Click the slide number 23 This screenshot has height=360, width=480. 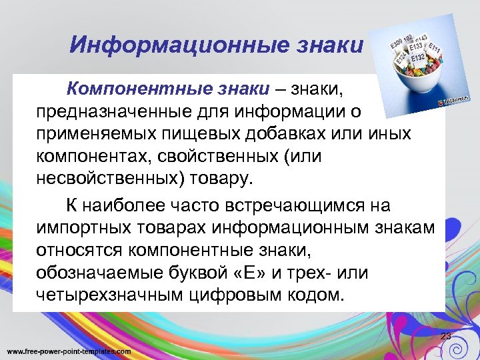point(445,337)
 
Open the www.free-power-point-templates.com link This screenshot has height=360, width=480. point(69,351)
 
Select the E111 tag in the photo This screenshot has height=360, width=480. point(435,47)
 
